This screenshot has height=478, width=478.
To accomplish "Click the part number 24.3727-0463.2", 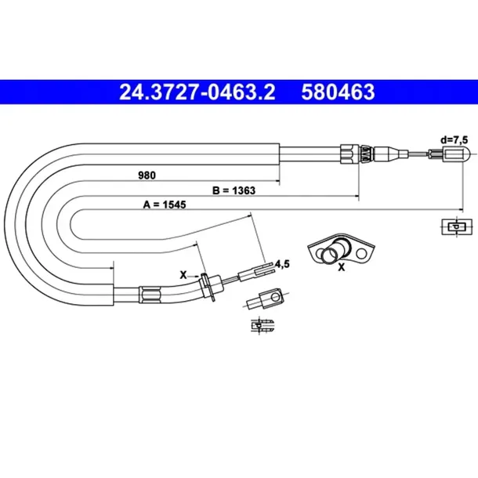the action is [197, 92].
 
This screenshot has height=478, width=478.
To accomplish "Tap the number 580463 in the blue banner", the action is [338, 92].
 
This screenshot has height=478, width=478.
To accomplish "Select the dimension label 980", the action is [147, 176].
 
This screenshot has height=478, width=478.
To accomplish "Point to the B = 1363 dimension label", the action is [234, 190].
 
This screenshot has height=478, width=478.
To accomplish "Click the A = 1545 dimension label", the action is [165, 205].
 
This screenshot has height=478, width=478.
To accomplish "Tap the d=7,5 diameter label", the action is [454, 140].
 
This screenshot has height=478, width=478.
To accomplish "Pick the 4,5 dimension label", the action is [282, 264].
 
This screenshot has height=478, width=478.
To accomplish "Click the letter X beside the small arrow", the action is [183, 275].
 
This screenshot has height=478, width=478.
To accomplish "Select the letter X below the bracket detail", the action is [342, 267].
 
